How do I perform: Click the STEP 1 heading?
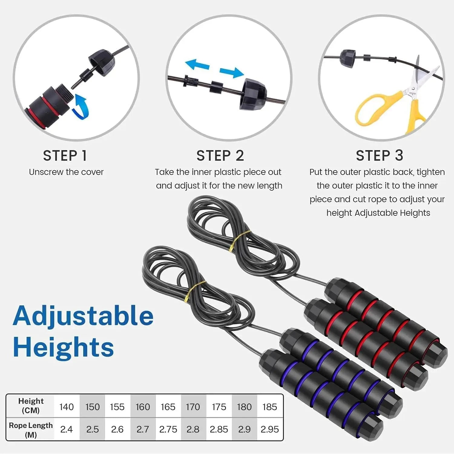pos(65,156)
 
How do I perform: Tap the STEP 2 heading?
pos(220,156)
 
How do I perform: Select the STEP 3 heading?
pos(379,156)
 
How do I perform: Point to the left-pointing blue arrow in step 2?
pos(197,64)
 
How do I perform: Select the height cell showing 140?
pos(67,407)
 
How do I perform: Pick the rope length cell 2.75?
pos(168,429)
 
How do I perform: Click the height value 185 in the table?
pos(269,407)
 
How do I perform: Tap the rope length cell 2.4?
pos(67,429)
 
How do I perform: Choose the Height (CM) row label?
pos(31,406)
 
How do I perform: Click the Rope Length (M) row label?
pos(31,430)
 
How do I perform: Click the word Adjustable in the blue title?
pos(83,316)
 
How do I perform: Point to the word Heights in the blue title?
pos(64,347)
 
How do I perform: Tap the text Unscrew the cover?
pos(66,172)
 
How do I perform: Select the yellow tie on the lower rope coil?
pos(194,291)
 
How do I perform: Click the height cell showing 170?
pos(193,407)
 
